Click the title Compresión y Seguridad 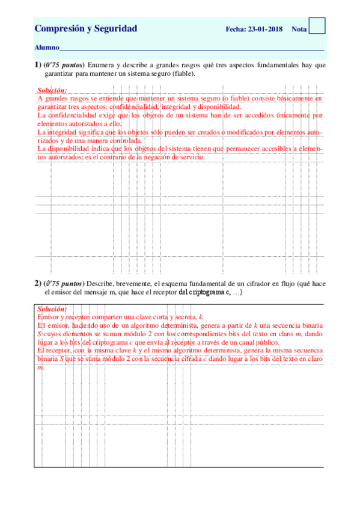(86, 28)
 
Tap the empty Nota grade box (317, 25)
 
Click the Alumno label (47, 47)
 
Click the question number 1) (37, 64)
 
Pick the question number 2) (37, 283)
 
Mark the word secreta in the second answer (185, 316)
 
